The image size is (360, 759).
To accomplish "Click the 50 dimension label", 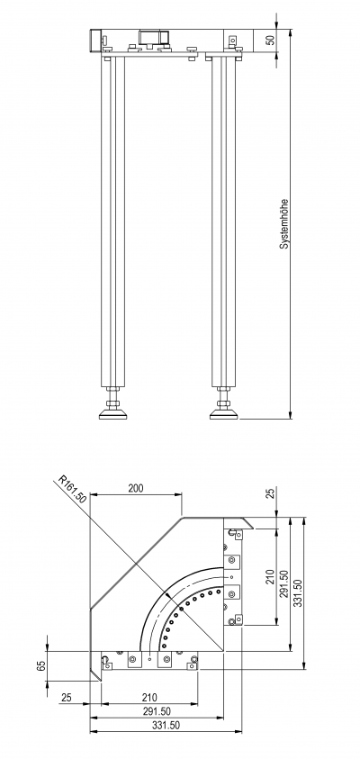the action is (x=271, y=40).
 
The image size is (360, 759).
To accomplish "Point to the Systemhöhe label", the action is (x=284, y=223).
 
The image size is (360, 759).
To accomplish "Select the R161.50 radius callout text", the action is (x=72, y=490).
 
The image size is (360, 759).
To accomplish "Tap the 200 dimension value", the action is (x=136, y=488).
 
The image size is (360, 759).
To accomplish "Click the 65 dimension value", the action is (x=41, y=666).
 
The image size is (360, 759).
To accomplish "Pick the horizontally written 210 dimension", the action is (x=149, y=698).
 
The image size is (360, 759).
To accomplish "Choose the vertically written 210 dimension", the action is (x=271, y=576).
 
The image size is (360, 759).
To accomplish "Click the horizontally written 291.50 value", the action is (x=157, y=711).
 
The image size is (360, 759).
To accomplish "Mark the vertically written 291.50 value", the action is (x=284, y=584).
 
